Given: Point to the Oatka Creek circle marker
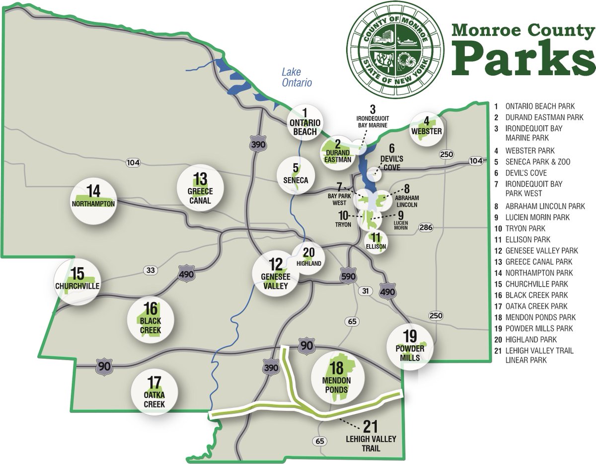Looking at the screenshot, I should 154,392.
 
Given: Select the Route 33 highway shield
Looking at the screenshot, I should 151,270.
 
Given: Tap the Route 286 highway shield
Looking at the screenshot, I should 426,228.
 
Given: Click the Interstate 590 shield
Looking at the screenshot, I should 347,276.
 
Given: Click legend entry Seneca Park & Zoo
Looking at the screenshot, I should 537,162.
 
